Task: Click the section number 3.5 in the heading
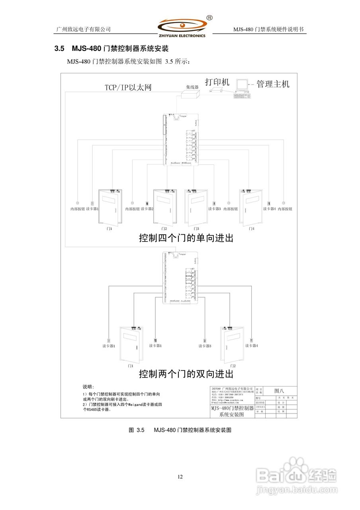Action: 59,49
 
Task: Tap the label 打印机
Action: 217,82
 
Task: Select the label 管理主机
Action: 273,84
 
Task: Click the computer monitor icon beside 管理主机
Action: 242,84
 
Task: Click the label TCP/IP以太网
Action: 128,87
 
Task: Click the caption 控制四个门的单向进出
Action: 186,238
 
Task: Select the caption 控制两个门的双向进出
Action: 186,374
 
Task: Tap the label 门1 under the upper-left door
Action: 109,229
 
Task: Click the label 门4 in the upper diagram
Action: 251,229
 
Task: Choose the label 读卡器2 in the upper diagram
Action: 147,209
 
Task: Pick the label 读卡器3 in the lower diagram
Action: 205,346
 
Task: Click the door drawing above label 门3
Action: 196,207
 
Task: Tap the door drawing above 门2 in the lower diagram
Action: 233,345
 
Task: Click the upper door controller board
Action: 181,139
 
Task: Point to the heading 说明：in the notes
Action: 88,387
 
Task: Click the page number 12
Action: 180,477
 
